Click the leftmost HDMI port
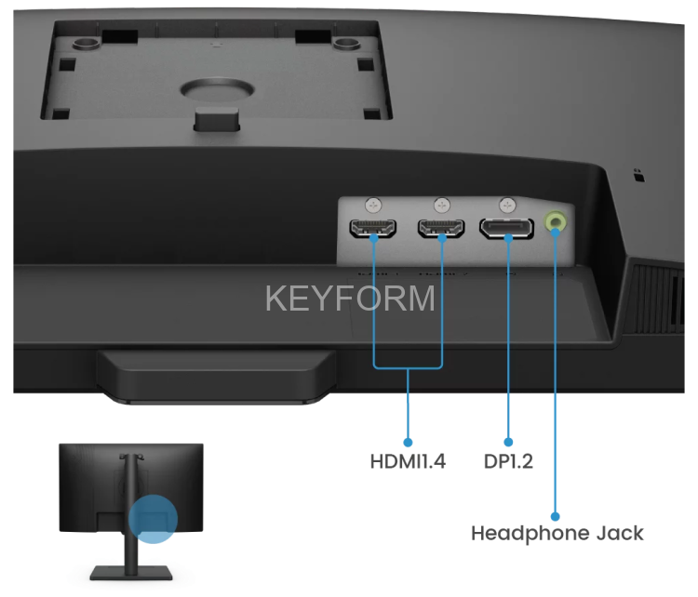tap(373, 228)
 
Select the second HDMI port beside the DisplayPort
tap(441, 228)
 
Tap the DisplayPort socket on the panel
tap(506, 228)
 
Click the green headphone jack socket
tap(556, 221)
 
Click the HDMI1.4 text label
tap(408, 461)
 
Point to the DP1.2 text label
tap(508, 461)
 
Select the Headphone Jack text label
tap(557, 533)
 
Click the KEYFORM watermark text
tap(350, 298)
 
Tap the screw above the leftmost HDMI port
tap(373, 206)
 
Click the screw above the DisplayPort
tap(507, 206)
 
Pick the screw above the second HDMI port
tap(441, 206)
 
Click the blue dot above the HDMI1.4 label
tap(408, 443)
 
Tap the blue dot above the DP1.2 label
tap(508, 443)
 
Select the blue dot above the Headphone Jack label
tap(555, 516)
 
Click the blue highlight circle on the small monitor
tap(154, 519)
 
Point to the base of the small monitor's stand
tap(131, 573)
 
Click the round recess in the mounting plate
tap(217, 89)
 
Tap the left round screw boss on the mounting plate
tap(87, 43)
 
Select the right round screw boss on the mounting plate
tap(347, 43)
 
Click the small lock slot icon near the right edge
tap(639, 176)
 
